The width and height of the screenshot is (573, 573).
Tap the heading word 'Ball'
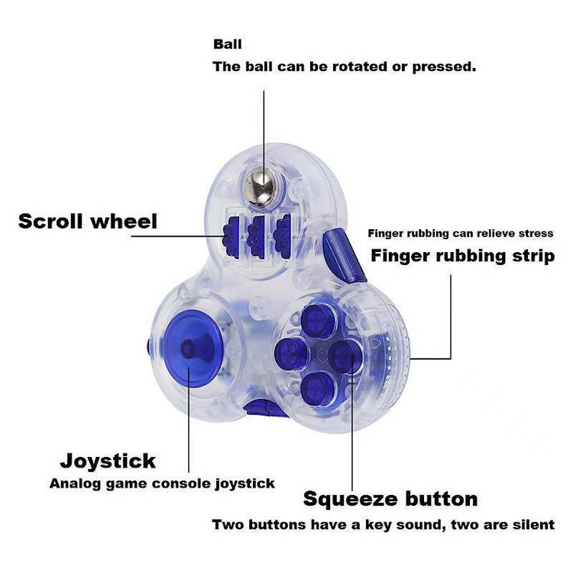click(228, 44)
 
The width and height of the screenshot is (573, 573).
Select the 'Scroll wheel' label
click(88, 222)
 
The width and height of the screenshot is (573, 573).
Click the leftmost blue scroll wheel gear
click(230, 233)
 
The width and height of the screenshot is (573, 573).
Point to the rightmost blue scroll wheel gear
click(284, 229)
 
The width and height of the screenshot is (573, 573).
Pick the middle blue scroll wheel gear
click(257, 231)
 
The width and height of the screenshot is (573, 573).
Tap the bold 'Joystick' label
click(108, 461)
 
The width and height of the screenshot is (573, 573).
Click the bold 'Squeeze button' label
click(390, 499)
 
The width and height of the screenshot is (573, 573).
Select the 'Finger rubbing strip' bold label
click(462, 255)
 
